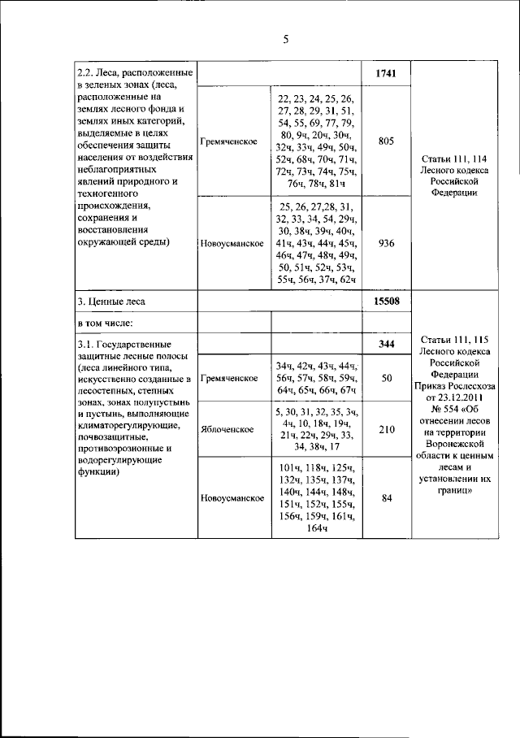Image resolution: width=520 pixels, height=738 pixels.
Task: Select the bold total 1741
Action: point(386,74)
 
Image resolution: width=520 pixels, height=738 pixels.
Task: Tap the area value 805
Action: point(386,141)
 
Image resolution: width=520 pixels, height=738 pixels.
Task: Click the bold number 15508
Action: point(386,302)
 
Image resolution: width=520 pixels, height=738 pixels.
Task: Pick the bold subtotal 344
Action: point(386,345)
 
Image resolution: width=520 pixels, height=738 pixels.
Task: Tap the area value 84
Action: point(386,498)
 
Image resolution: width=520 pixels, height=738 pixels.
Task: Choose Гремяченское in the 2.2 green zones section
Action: point(231,141)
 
